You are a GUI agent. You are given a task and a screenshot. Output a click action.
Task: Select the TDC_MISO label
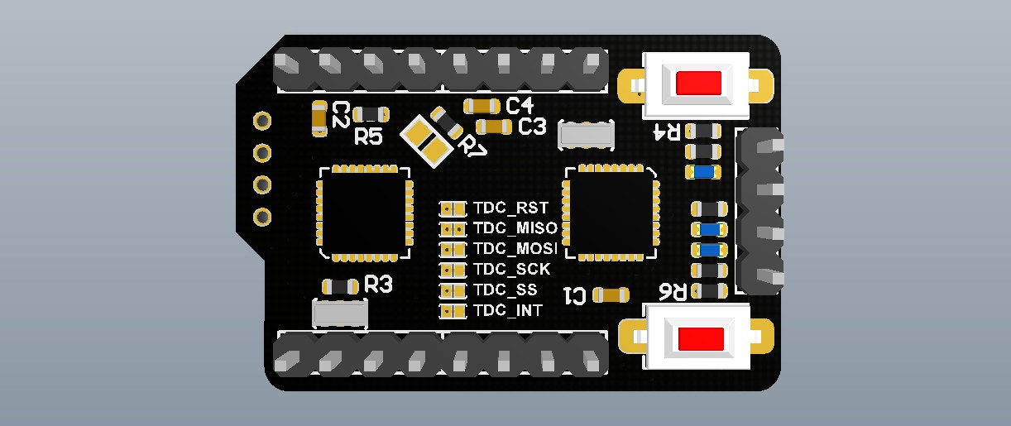(x=515, y=227)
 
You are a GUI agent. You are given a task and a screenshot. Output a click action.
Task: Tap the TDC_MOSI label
(x=515, y=248)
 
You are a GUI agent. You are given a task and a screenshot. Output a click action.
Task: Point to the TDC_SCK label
(x=511, y=269)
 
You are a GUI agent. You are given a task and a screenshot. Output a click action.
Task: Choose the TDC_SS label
(x=505, y=290)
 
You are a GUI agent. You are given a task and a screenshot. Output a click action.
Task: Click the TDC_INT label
(x=508, y=310)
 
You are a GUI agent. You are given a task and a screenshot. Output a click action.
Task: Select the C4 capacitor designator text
(x=520, y=106)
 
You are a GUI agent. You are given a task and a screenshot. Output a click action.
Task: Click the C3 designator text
(x=532, y=127)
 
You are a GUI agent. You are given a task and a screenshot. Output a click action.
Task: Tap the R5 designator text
(x=368, y=137)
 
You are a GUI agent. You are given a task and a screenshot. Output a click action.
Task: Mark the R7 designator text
(x=473, y=146)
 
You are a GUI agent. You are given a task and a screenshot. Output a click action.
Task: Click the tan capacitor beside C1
(x=611, y=294)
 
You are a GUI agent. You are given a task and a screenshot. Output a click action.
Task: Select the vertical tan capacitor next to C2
(x=319, y=118)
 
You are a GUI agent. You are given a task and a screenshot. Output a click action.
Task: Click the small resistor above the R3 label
(x=340, y=286)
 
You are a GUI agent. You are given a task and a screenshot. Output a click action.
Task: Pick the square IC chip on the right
(x=611, y=213)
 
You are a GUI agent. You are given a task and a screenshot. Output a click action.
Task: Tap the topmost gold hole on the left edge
(x=262, y=121)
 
